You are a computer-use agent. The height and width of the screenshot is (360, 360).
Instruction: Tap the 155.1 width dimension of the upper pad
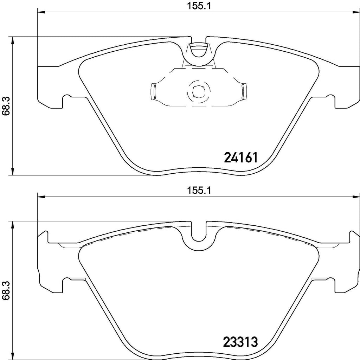(x=198, y=6)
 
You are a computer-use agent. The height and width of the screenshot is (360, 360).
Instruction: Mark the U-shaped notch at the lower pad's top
(x=199, y=233)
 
